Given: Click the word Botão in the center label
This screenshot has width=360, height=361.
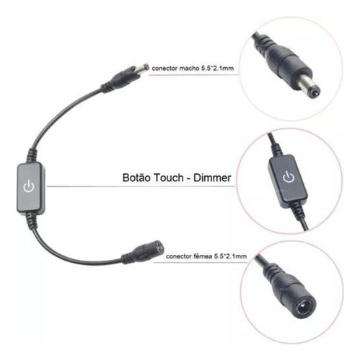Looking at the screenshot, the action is click(136, 178).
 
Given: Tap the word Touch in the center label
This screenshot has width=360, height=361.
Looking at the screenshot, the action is click(169, 178).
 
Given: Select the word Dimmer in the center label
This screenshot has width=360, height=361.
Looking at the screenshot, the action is click(212, 178).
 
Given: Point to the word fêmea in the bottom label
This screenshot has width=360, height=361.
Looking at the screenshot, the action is click(203, 256).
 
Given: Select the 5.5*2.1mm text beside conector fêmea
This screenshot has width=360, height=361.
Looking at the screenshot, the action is click(230, 256).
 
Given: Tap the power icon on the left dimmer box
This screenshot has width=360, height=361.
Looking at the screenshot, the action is click(29, 186).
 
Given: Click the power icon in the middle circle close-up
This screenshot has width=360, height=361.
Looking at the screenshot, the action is click(289, 177).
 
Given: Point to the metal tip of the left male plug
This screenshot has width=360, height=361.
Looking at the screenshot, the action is click(143, 68).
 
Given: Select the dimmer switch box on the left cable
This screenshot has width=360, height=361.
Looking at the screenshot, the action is click(31, 187).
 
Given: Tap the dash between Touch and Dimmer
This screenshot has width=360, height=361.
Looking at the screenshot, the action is click(188, 178).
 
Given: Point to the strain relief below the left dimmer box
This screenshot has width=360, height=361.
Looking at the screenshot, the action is click(32, 219).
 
